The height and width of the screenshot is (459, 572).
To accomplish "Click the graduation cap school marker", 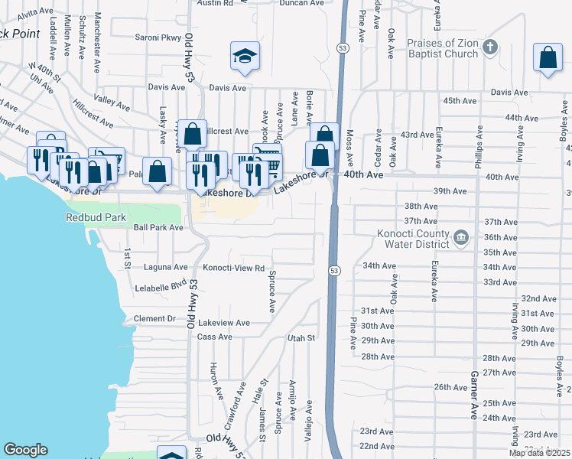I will (x=244, y=57).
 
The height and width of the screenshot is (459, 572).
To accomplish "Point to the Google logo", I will (x=25, y=450).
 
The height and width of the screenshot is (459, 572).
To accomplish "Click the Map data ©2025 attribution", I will (x=539, y=452).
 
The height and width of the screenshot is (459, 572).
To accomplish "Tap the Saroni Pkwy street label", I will (x=158, y=37).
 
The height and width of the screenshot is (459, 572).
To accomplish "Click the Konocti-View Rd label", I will (x=233, y=269).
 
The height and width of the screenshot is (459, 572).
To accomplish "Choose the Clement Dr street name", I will (x=154, y=318).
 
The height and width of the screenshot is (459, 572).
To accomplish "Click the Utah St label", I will (x=301, y=337).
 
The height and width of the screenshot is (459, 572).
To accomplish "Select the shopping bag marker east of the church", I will (x=548, y=59).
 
